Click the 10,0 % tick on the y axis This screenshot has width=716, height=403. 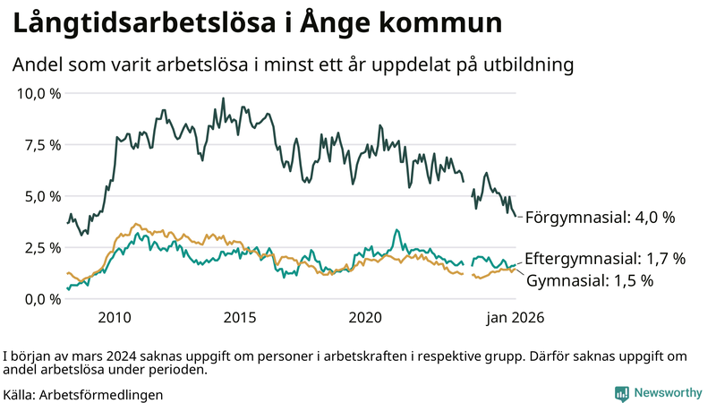(38, 93)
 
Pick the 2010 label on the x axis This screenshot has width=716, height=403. (115, 317)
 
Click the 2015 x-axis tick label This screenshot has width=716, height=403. (240, 317)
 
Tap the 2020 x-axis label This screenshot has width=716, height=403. (365, 317)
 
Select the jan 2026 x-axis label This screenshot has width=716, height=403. (515, 317)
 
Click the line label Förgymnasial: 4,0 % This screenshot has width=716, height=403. (599, 218)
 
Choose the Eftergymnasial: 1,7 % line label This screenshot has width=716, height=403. (604, 259)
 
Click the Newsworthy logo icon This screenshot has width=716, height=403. (621, 393)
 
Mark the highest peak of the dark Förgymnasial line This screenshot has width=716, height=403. (222, 98)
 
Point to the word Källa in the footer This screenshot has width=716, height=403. (20, 394)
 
